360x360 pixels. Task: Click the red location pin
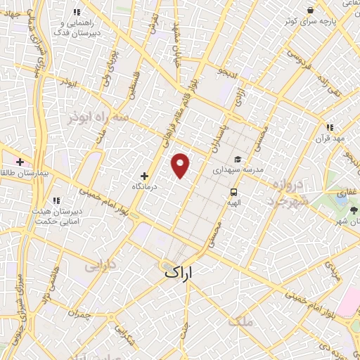181,165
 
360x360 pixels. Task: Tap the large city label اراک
179,270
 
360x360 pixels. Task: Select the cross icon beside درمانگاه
146,176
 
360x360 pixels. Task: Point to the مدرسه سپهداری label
238,170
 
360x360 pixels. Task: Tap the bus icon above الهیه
233,192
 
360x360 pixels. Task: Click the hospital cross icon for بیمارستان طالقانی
30,161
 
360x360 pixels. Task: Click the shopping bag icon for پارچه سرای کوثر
310,10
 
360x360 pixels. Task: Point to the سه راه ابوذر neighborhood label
98,117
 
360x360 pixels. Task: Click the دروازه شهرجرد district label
286,192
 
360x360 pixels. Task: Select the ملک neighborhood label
240,322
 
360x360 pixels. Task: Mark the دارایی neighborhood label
99,266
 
